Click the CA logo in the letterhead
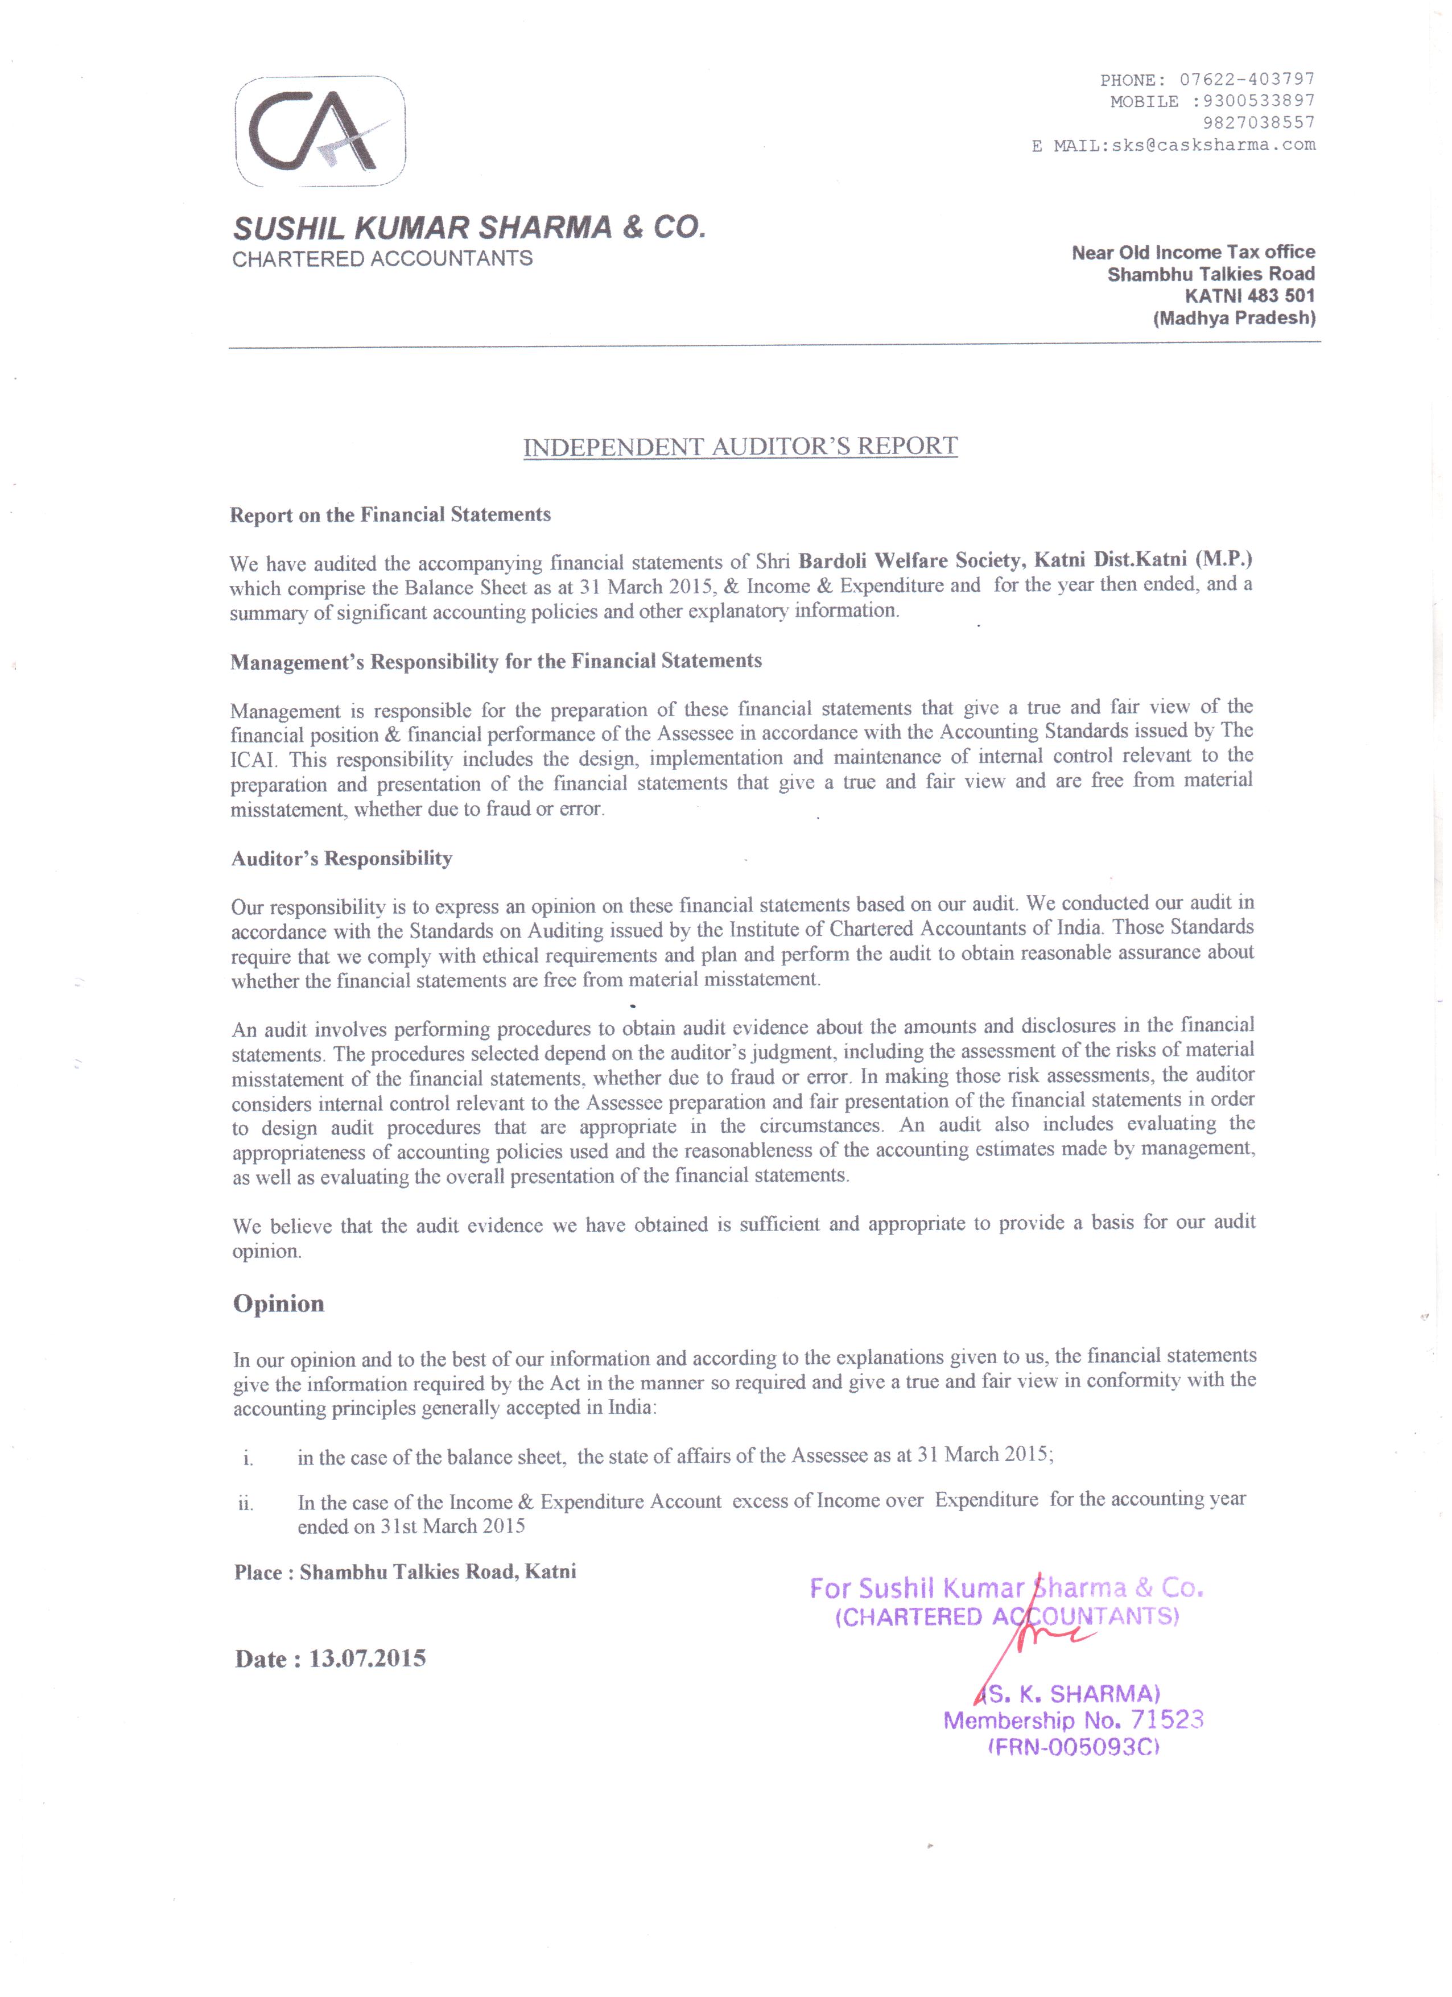pyautogui.click(x=320, y=132)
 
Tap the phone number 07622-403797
pyautogui.click(x=1247, y=79)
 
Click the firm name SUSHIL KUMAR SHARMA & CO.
pyautogui.click(x=468, y=228)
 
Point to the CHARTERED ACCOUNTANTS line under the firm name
pyautogui.click(x=382, y=259)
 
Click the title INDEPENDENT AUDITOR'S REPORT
pyautogui.click(x=740, y=447)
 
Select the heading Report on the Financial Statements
pyautogui.click(x=390, y=515)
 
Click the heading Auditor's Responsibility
pyautogui.click(x=341, y=859)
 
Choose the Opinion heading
pyautogui.click(x=278, y=1304)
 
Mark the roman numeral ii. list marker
pyautogui.click(x=246, y=1504)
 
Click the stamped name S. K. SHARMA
pyautogui.click(x=1074, y=1693)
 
